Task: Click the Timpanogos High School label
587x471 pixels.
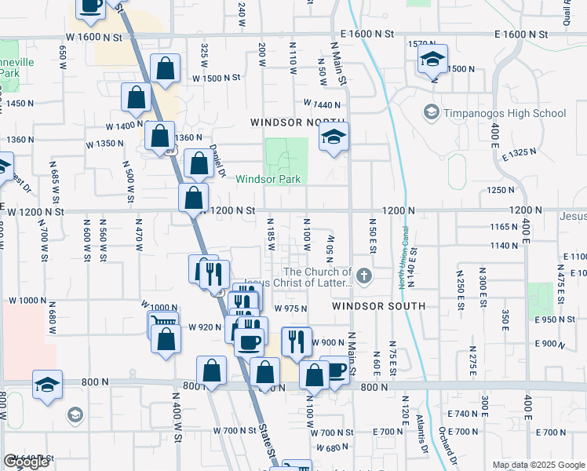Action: [x=505, y=113]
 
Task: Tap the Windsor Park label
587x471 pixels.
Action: [x=268, y=180]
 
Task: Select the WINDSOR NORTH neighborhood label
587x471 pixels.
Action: [x=286, y=122]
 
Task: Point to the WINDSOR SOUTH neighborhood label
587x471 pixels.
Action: [x=378, y=305]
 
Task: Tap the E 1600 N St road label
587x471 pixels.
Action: [x=521, y=35]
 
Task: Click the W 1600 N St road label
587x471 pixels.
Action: [x=94, y=37]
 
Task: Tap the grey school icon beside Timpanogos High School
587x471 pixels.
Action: [x=431, y=113]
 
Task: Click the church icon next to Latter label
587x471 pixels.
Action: [x=363, y=276]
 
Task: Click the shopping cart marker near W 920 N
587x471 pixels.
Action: [x=162, y=322]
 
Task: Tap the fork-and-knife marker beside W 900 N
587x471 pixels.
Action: [x=297, y=340]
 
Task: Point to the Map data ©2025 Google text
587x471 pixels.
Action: [x=538, y=465]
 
